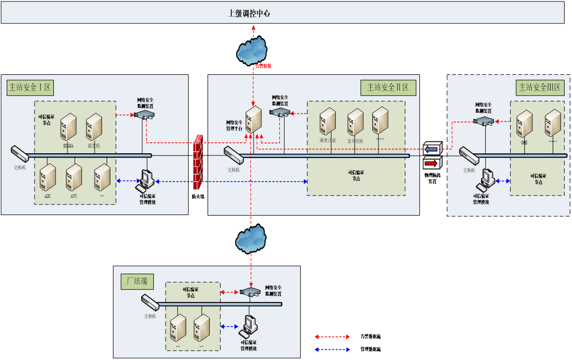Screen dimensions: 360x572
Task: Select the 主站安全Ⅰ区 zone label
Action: [31, 87]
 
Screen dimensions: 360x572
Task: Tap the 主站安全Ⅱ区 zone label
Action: [388, 87]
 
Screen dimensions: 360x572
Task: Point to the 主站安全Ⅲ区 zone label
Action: [539, 87]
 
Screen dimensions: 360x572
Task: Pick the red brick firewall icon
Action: [198, 162]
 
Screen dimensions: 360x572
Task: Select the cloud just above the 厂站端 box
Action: [251, 238]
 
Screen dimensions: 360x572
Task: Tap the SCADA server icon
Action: [68, 127]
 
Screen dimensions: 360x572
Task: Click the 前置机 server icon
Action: [94, 127]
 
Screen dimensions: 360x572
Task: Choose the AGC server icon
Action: [48, 177]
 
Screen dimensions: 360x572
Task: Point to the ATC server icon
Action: [74, 177]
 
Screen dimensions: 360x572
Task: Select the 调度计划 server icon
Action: [328, 122]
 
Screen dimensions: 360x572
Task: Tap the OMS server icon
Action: [524, 124]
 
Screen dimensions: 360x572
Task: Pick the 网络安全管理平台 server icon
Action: [254, 120]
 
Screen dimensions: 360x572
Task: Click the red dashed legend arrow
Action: [332, 337]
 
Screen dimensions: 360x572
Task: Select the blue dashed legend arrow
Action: [332, 350]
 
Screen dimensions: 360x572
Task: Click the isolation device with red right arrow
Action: [433, 163]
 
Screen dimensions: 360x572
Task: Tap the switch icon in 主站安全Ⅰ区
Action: [20, 153]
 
